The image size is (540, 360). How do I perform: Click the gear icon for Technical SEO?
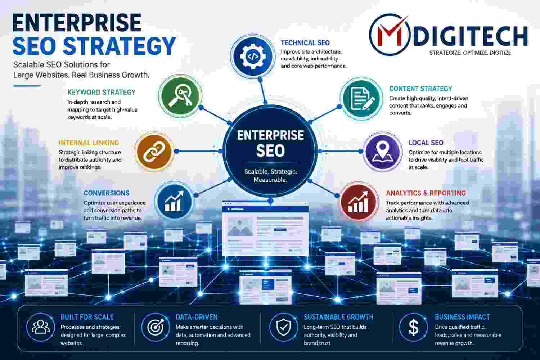click(253, 57)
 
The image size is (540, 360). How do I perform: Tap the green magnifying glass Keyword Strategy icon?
click(180, 96)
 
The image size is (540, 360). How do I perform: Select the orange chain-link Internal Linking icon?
click(154, 152)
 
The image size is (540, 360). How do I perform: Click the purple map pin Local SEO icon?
click(383, 152)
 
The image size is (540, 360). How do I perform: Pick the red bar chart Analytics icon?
click(359, 202)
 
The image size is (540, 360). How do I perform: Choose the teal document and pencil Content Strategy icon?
click(361, 99)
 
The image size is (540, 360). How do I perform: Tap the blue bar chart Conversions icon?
click(174, 201)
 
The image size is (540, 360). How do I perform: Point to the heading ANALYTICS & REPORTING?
click(426, 193)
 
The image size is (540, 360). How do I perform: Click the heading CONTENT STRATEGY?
click(421, 89)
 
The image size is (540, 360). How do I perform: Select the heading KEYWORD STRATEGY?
click(102, 93)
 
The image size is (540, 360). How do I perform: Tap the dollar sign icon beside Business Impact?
click(414, 327)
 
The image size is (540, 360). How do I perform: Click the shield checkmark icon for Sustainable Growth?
click(284, 327)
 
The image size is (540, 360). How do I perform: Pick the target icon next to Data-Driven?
click(156, 327)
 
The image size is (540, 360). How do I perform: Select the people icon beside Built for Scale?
click(40, 327)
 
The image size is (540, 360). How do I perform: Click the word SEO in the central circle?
click(270, 151)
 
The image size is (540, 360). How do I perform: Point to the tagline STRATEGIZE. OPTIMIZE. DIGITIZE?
click(470, 53)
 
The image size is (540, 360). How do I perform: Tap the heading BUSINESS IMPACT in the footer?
click(462, 317)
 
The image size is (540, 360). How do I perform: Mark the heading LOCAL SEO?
click(426, 143)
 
